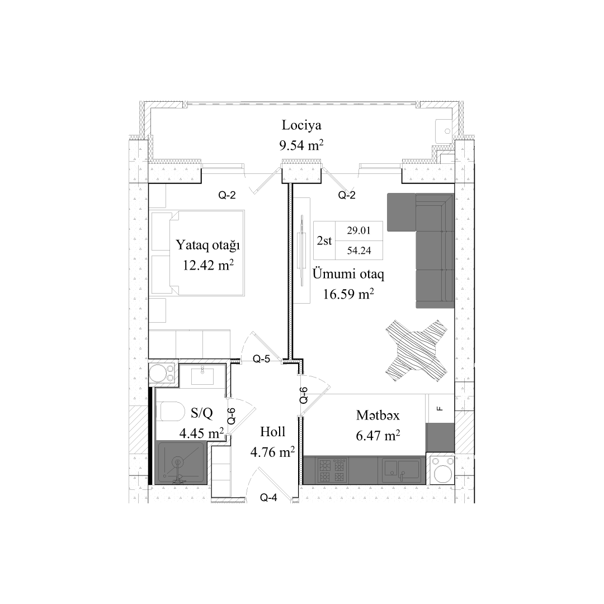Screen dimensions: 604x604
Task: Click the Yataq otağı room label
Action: tap(208, 245)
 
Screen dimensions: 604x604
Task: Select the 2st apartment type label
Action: tap(324, 241)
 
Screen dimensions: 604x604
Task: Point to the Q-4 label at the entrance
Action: tap(269, 498)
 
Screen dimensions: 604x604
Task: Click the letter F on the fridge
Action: tap(440, 408)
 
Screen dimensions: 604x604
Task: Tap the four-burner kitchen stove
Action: tap(332, 470)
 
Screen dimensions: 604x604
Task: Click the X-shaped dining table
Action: tap(417, 351)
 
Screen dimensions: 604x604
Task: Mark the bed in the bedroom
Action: tap(197, 253)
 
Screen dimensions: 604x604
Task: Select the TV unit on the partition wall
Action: tap(301, 250)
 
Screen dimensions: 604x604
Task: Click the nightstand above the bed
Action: tap(157, 196)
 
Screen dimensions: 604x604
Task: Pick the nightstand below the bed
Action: tap(157, 310)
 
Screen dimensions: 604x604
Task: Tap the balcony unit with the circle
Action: tap(446, 130)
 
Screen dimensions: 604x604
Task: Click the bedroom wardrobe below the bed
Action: tap(189, 344)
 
